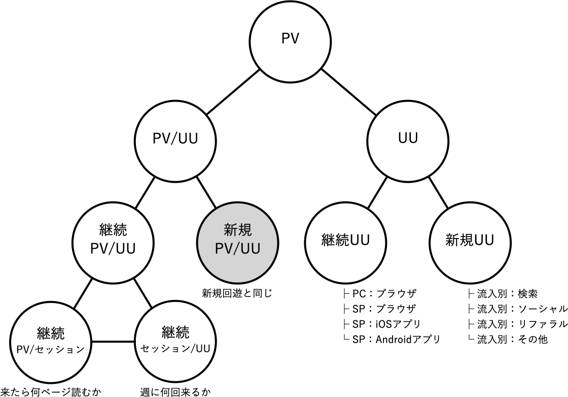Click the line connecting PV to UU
[x=349, y=92]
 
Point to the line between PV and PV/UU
[x=233, y=92]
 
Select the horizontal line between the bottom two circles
[x=113, y=342]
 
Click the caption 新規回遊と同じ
[x=237, y=293]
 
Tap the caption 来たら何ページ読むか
[x=50, y=392]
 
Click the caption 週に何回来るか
[x=175, y=392]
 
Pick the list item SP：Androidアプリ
[x=396, y=339]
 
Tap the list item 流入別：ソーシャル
[x=522, y=309]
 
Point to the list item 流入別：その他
[x=512, y=339]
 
